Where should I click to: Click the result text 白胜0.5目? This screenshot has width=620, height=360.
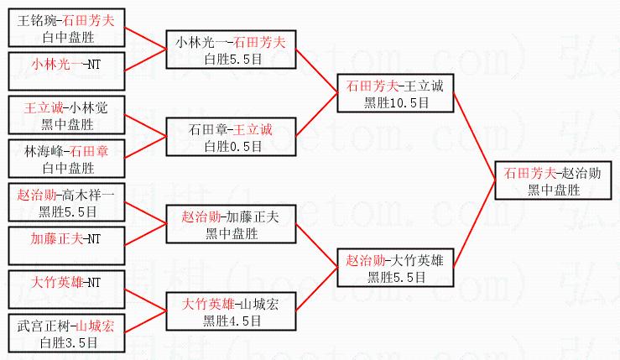pyautogui.click(x=232, y=147)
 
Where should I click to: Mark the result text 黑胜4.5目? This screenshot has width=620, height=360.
pyautogui.click(x=232, y=320)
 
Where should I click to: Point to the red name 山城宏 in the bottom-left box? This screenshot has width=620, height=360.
pyautogui.click(x=94, y=325)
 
